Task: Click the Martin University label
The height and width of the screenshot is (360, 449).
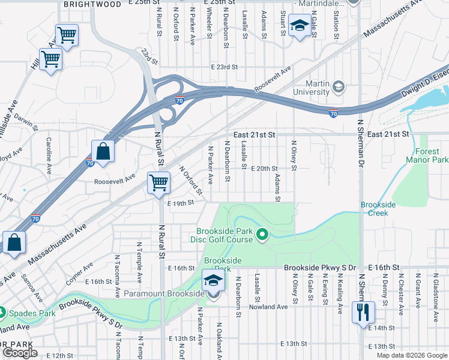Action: click(x=310, y=88)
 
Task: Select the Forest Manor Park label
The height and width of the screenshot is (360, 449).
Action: click(x=427, y=156)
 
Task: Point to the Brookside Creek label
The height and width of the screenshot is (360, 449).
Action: click(x=378, y=209)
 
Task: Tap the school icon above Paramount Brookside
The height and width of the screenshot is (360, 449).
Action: click(x=212, y=280)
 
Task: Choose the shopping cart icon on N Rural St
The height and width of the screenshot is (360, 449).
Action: click(x=158, y=182)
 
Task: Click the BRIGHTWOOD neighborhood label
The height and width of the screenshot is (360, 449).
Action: click(x=92, y=4)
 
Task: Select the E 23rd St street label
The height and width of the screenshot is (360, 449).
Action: click(x=224, y=67)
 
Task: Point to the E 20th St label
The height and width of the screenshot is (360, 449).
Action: click(x=265, y=169)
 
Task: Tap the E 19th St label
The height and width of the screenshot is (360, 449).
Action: click(x=181, y=203)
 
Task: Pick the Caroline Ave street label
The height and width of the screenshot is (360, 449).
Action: click(x=49, y=155)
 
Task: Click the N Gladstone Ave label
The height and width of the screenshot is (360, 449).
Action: click(x=433, y=293)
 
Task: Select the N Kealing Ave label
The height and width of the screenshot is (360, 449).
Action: click(x=340, y=293)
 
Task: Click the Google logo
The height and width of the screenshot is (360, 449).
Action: click(x=20, y=353)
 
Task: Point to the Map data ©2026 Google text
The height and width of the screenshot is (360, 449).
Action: click(x=412, y=355)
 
